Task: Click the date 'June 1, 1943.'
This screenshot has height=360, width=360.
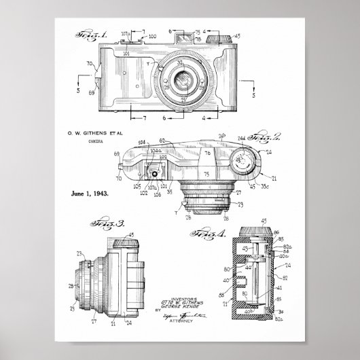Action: [x=91, y=193]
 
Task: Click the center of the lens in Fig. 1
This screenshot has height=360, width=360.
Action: [x=183, y=82]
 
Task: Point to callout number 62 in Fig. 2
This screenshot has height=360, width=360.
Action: [x=162, y=141]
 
